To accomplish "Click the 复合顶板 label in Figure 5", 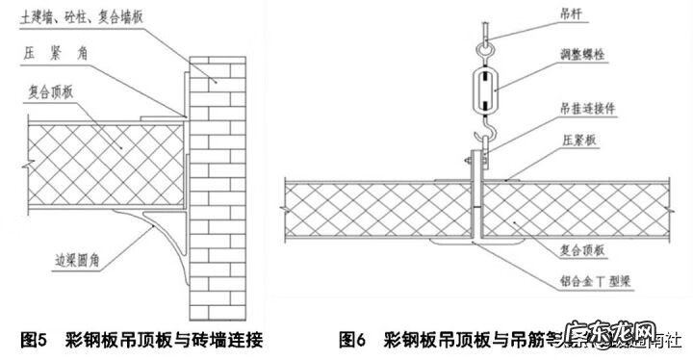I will [x=54, y=92].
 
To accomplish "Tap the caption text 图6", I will [x=353, y=339].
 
